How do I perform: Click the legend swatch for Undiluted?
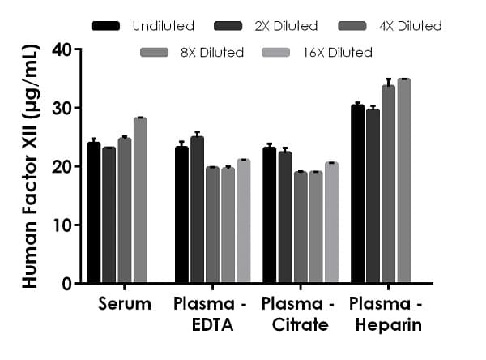(x=106, y=26)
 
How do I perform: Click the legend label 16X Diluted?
(x=340, y=53)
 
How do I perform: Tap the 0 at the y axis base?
(x=65, y=284)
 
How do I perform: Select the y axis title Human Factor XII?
(x=28, y=166)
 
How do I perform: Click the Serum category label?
(x=125, y=305)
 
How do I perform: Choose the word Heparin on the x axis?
(x=386, y=326)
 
